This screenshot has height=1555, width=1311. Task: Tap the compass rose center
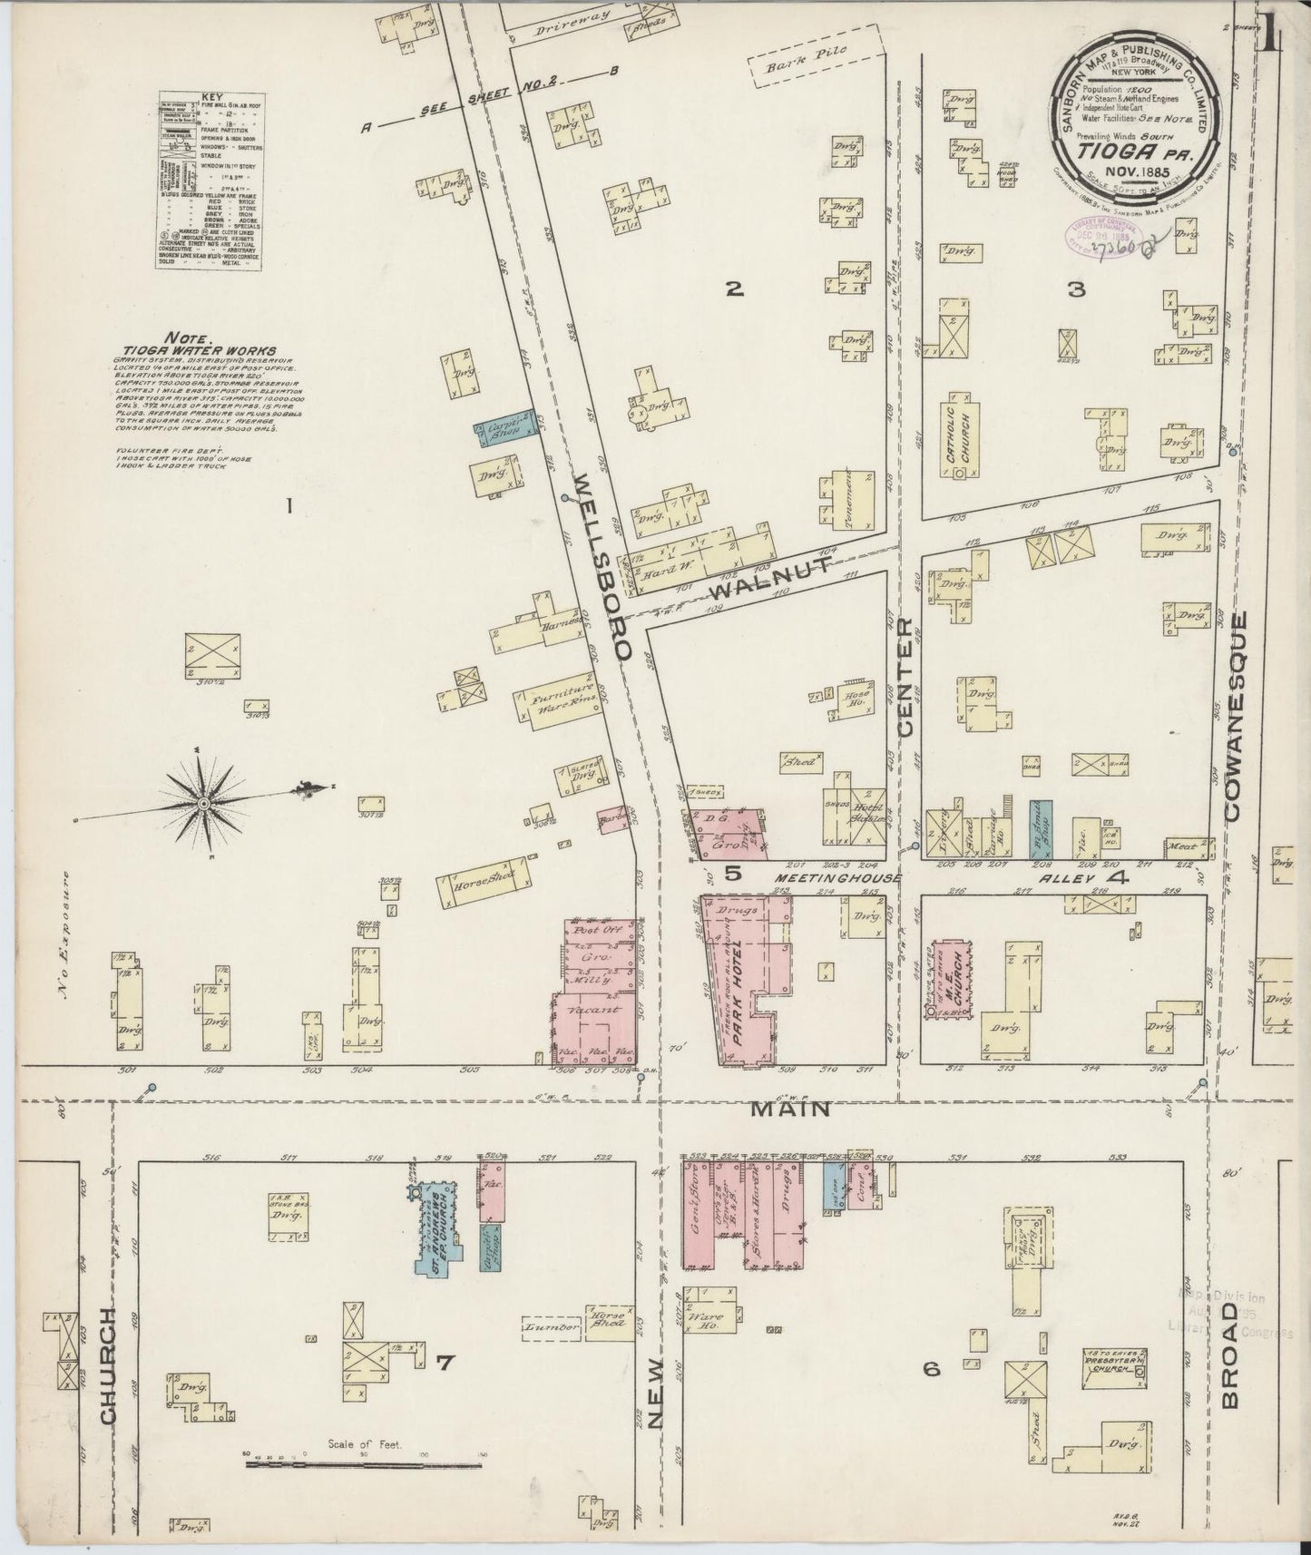coord(205,804)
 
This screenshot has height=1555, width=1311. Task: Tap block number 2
coord(735,289)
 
